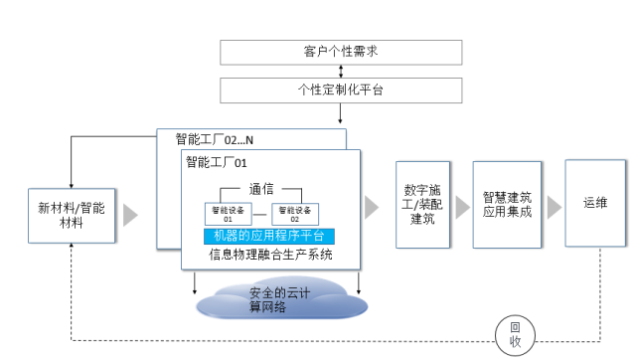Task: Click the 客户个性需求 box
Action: [x=341, y=51]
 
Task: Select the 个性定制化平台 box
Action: [x=341, y=90]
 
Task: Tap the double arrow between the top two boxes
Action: [x=341, y=71]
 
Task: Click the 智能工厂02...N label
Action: [x=215, y=139]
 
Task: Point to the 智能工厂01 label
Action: [x=216, y=162]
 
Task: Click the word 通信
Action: [x=262, y=188]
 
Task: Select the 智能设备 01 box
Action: [x=224, y=213]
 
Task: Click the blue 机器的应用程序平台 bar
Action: [x=268, y=237]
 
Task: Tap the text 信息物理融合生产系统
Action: [x=268, y=256]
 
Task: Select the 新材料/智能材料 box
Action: [x=71, y=215]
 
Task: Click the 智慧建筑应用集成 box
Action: [x=507, y=204]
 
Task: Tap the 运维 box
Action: [x=594, y=203]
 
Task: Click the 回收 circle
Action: [x=514, y=332]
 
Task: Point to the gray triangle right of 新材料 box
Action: [x=130, y=215]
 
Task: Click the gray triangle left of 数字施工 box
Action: [x=372, y=207]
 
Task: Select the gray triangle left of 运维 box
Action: [x=550, y=207]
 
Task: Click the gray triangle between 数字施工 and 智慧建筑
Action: [x=461, y=207]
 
